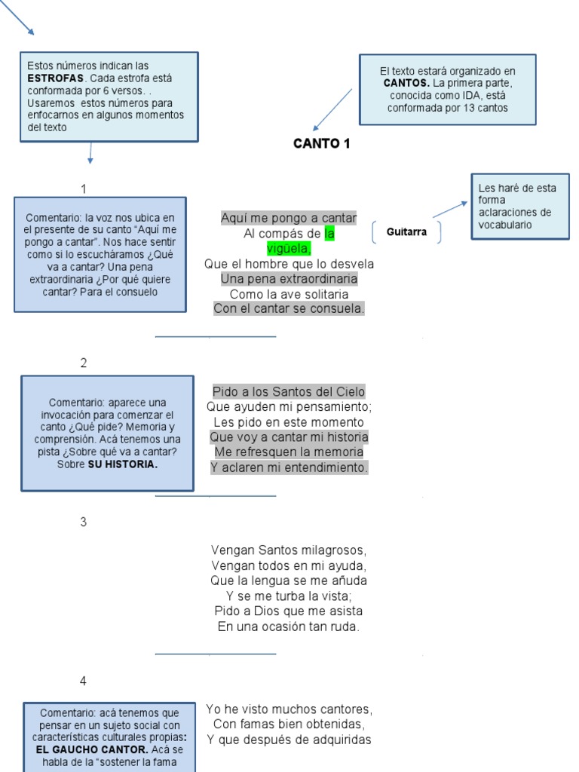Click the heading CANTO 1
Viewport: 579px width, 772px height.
tap(321, 144)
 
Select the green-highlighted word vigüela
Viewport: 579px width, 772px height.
tap(289, 249)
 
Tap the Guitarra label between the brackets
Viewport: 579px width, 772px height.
tap(406, 232)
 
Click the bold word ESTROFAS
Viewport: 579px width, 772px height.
tap(55, 78)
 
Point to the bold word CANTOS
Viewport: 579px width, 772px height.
tap(406, 83)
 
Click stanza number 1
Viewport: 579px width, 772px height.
tap(84, 188)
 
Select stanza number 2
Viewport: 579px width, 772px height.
tap(84, 363)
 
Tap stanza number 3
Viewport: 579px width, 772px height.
tap(84, 522)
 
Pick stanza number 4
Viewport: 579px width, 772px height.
tap(84, 681)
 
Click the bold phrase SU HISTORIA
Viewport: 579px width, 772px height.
tap(123, 464)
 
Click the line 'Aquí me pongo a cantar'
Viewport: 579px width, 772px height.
tap(289, 218)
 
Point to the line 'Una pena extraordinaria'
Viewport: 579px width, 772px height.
tap(289, 279)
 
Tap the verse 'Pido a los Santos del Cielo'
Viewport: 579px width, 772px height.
tap(289, 391)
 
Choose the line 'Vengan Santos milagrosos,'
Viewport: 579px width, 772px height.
tap(289, 550)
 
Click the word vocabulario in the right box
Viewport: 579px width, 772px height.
tap(504, 225)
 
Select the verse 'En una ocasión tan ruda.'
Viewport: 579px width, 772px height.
tap(289, 626)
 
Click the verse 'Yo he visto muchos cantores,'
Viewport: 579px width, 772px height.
tap(289, 709)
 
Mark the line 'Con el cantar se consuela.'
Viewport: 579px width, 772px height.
tap(289, 308)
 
